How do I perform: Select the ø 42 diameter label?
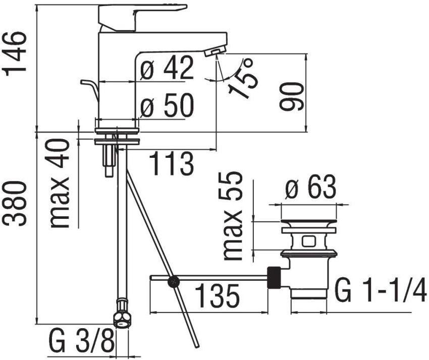tap(167, 68)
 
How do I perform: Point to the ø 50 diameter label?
tap(167, 105)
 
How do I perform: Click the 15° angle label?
tap(242, 78)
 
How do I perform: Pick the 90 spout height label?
tap(292, 96)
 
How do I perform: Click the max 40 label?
tap(60, 183)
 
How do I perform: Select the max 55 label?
tap(233, 216)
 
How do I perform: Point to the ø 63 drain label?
tap(310, 187)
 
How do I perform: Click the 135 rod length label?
tap(218, 295)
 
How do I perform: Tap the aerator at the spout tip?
tap(216, 50)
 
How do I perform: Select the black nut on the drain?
tap(274, 277)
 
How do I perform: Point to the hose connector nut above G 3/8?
tap(122, 314)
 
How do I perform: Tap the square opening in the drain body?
tap(308, 242)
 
